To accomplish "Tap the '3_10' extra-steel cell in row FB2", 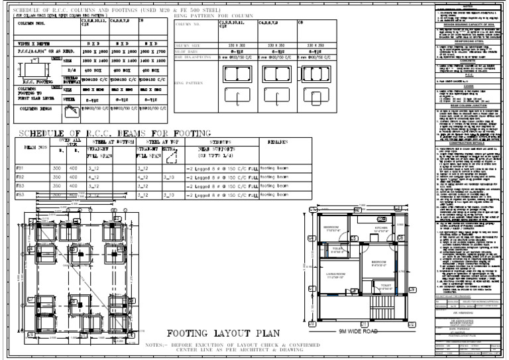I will click(168, 178).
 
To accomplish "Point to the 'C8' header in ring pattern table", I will click(300, 23).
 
